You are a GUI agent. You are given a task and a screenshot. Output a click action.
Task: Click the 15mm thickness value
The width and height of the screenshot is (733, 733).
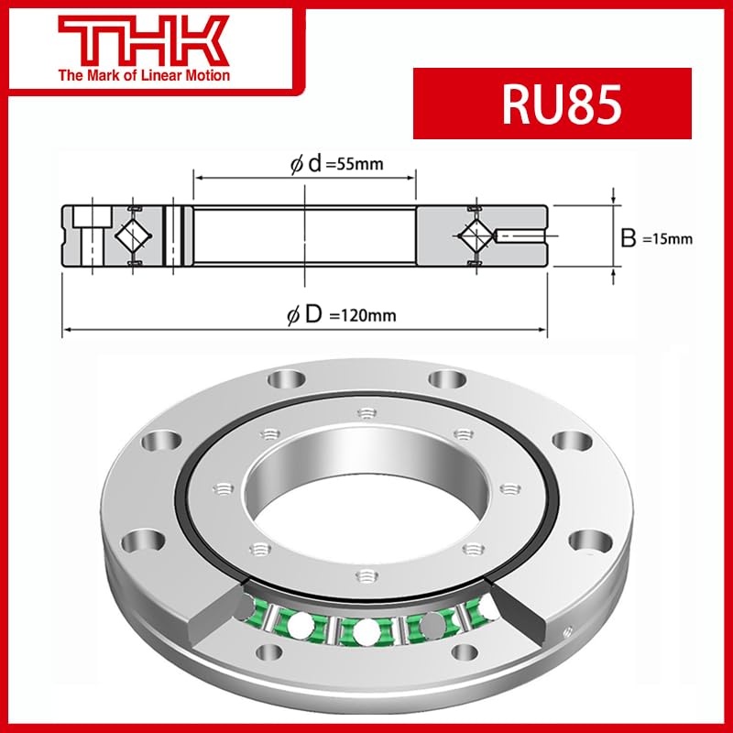[667, 240]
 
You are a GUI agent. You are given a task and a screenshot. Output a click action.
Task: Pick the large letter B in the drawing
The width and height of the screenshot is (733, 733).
[629, 239]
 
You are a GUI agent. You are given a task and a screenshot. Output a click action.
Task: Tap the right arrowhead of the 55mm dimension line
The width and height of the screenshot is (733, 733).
[413, 178]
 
